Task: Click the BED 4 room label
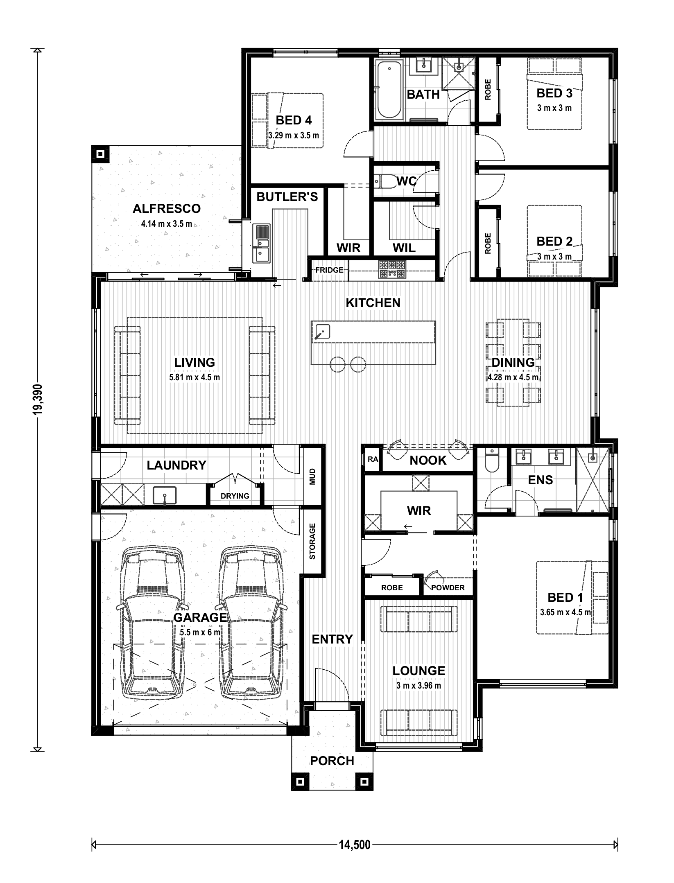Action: coord(294,120)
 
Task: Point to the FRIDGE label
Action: coord(329,270)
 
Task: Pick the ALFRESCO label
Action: coord(167,208)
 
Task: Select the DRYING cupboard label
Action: coord(235,496)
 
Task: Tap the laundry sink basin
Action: coord(165,495)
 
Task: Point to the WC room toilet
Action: coord(385,181)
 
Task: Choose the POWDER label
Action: coord(448,588)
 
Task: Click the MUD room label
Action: coord(312,477)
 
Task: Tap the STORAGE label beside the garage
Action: coord(312,541)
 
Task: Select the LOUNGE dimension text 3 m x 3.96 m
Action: coord(418,686)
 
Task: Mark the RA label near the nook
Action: coord(373,459)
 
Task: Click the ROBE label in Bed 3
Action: coord(488,90)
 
